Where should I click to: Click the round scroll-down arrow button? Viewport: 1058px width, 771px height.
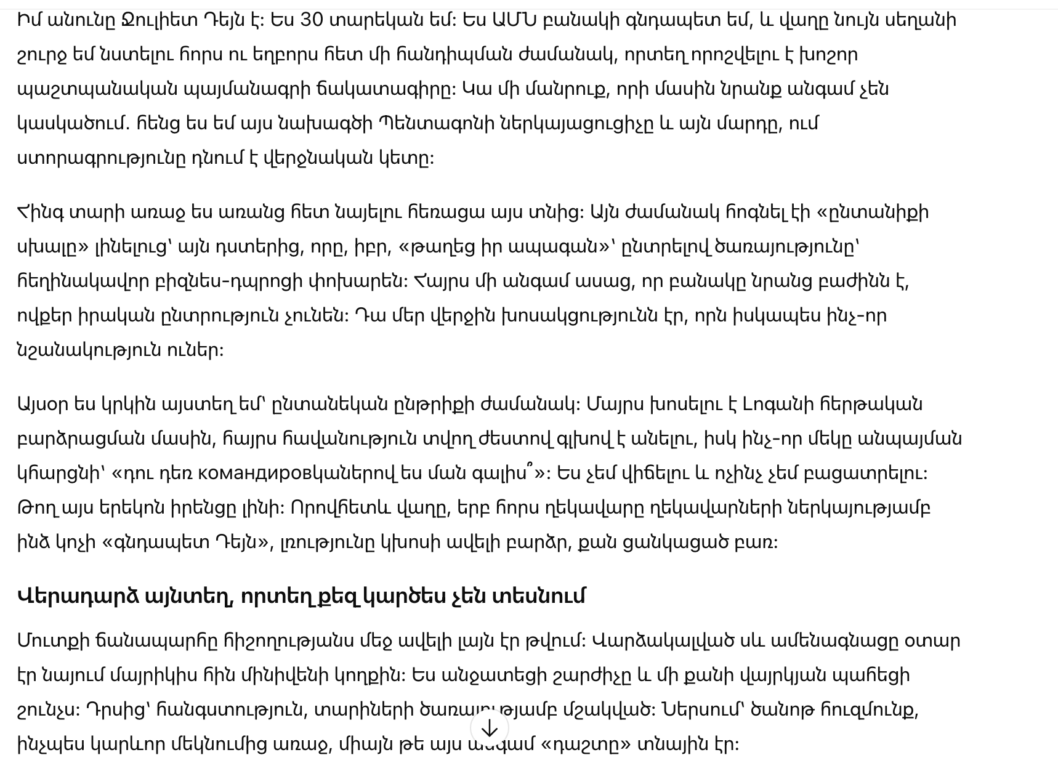(x=490, y=729)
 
